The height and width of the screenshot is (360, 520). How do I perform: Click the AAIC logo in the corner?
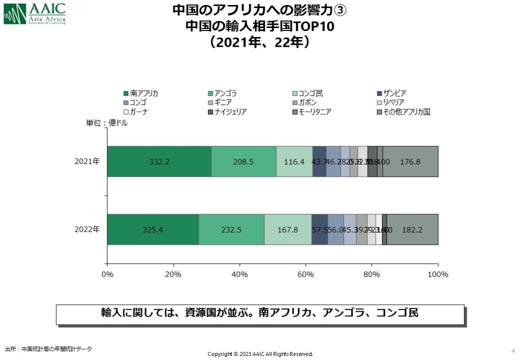[35, 14]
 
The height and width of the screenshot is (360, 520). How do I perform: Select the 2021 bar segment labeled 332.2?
[159, 161]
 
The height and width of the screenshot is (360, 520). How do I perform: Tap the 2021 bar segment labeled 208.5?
[244, 161]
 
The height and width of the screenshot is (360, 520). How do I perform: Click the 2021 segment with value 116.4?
[294, 161]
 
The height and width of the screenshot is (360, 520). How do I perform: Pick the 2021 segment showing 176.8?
[410, 161]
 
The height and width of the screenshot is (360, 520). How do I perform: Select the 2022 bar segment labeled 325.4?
[153, 230]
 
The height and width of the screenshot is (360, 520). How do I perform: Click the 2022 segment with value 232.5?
[232, 230]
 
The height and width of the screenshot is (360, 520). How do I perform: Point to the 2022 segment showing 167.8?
[288, 230]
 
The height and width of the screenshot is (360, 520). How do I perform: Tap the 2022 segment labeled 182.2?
[412, 230]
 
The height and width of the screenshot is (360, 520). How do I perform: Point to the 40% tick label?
[239, 275]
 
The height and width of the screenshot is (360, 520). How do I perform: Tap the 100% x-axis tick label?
[438, 275]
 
